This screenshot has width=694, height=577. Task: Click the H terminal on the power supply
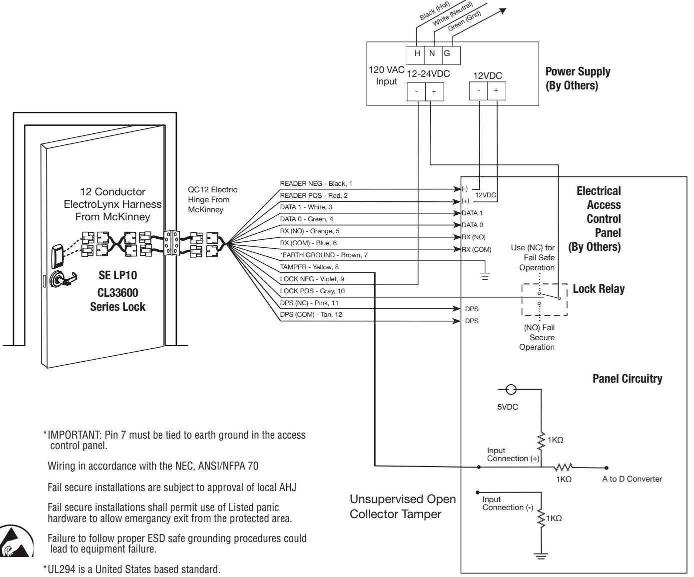415,55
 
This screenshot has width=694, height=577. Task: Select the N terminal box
433,55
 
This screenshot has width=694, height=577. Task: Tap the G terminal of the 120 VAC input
451,55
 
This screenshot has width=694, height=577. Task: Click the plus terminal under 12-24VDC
434,91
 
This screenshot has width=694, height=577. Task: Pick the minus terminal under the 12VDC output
478,91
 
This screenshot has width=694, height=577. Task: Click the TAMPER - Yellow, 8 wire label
309,267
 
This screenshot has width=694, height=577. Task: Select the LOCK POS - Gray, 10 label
312,291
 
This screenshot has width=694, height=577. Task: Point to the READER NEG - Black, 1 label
316,183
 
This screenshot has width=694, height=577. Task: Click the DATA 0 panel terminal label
472,225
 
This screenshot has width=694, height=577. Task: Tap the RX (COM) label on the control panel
476,249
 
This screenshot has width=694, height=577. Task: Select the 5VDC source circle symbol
511,389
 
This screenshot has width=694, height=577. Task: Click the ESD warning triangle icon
15,542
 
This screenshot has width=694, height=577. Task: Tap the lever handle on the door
63,279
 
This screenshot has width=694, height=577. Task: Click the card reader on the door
57,256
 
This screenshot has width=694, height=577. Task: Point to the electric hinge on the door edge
171,243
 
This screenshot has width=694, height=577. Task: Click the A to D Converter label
632,479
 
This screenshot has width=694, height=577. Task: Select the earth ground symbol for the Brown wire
485,276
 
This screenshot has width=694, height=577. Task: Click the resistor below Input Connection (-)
541,518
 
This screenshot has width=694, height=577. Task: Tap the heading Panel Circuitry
627,379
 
